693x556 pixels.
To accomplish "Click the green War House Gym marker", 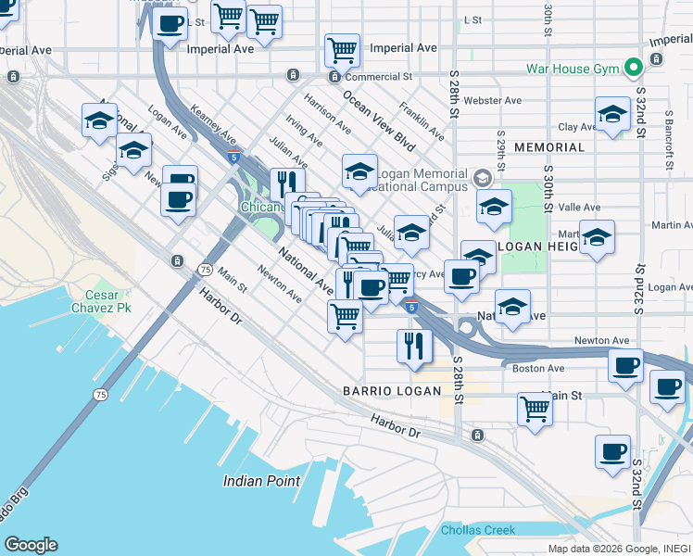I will (x=634, y=68).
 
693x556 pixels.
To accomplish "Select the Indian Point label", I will (x=261, y=481).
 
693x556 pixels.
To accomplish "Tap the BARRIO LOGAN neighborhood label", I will (x=390, y=390).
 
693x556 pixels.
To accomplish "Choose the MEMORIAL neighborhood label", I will (x=549, y=147).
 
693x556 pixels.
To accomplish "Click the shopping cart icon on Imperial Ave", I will (x=342, y=49).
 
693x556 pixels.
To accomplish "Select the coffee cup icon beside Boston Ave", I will (x=626, y=365).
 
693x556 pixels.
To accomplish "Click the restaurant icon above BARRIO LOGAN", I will (x=414, y=346).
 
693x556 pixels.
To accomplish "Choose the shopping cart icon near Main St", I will (x=535, y=408).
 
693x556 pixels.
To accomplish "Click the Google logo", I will (x=31, y=545).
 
